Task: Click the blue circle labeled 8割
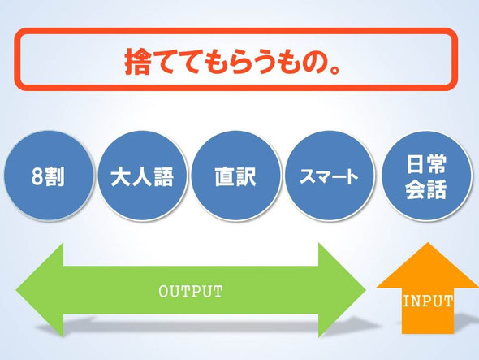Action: (48, 176)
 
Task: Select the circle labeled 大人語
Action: (142, 176)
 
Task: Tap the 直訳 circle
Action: (235, 176)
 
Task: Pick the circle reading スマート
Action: (330, 176)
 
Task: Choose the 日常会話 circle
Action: (426, 176)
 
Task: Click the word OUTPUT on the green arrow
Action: (191, 292)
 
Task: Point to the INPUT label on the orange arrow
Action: (428, 301)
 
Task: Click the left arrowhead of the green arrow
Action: (40, 290)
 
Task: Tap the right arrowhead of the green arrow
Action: (342, 290)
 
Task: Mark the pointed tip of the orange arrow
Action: (428, 243)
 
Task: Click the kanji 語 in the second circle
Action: (164, 176)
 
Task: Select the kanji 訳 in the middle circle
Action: (247, 176)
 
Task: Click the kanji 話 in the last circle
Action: (437, 189)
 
